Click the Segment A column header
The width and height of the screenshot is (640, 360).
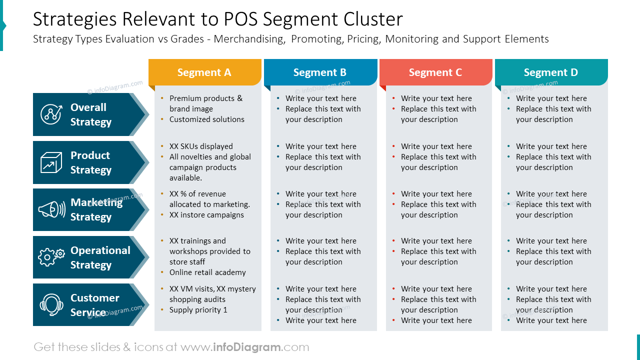click(x=204, y=72)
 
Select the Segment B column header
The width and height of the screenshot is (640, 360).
click(x=320, y=72)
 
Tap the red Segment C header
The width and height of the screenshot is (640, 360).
click(x=435, y=72)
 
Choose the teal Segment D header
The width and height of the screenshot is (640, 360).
click(x=551, y=72)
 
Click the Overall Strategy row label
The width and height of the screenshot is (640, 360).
click(x=90, y=114)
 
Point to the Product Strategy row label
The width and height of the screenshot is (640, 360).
click(x=90, y=162)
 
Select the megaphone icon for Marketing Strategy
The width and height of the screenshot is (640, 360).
click(x=51, y=209)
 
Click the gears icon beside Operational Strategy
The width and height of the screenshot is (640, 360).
click(x=51, y=257)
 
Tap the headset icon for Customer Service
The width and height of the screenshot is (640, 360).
click(x=51, y=304)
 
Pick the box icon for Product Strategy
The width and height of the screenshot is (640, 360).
click(x=51, y=162)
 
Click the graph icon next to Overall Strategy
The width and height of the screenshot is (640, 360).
click(x=51, y=114)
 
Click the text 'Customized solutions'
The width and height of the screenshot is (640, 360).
click(x=206, y=119)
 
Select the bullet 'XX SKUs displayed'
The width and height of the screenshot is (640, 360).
click(x=201, y=146)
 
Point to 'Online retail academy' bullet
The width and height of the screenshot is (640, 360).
click(x=207, y=272)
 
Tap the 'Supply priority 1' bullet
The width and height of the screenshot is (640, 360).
click(x=198, y=310)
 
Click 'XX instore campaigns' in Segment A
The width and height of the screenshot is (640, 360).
click(x=206, y=215)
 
